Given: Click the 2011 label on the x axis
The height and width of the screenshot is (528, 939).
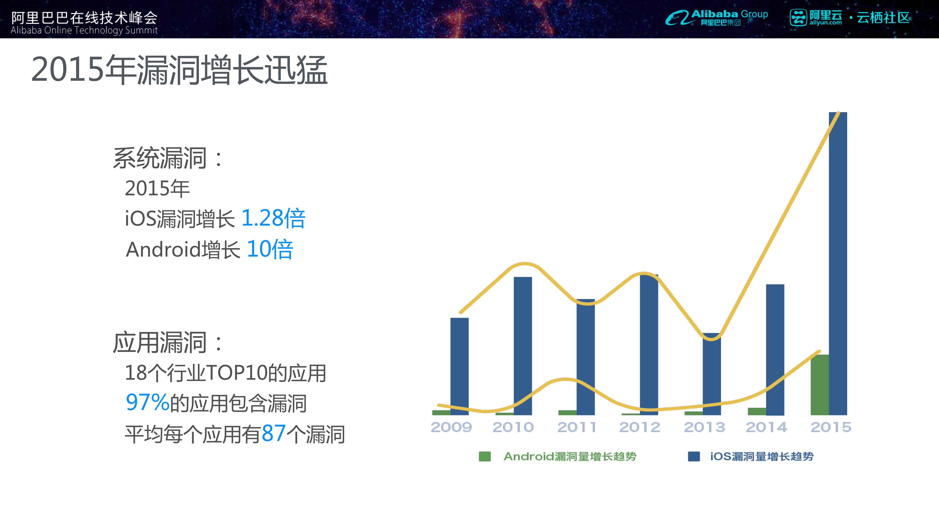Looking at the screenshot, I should pyautogui.click(x=577, y=427).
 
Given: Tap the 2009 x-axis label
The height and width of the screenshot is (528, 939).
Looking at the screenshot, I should pyautogui.click(x=451, y=427).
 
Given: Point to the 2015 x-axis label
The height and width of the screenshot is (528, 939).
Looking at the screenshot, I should pyautogui.click(x=831, y=427).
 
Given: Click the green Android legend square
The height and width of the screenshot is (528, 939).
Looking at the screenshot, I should pyautogui.click(x=484, y=456).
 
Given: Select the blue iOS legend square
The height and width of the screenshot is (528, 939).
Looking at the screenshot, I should pyautogui.click(x=694, y=456).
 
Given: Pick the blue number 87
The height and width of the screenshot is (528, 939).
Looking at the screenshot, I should pyautogui.click(x=273, y=434).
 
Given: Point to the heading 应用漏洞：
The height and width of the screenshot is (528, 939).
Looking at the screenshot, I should pyautogui.click(x=168, y=343).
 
